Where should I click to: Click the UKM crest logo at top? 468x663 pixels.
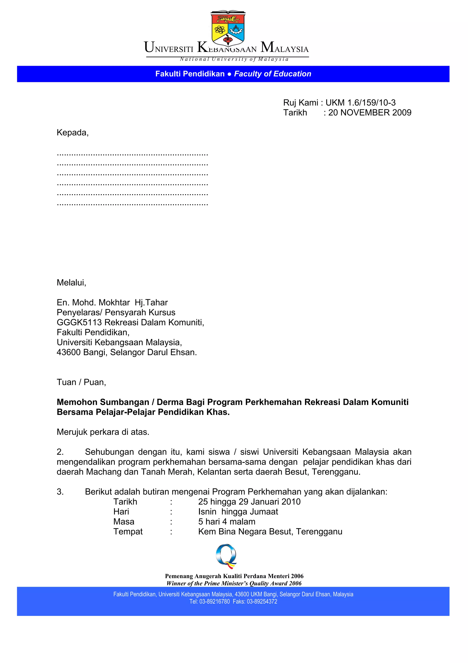tap(228, 28)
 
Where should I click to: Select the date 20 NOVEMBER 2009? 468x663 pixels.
tap(370, 113)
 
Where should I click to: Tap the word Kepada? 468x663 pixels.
tap(73, 132)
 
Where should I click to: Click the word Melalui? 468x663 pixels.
tap(72, 282)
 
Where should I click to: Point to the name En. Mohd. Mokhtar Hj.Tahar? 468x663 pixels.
tap(112, 302)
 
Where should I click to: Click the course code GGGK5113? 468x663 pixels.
tap(79, 322)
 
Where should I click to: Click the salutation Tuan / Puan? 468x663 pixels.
tap(81, 382)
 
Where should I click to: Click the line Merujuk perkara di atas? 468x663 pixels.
tap(103, 432)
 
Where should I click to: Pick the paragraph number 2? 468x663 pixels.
tap(60, 452)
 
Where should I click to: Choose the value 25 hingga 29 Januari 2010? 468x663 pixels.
tap(249, 501)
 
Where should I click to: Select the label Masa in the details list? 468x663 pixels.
tap(124, 522)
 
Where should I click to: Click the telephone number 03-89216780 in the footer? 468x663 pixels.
tap(214, 601)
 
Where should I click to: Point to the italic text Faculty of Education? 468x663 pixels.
tap(272, 74)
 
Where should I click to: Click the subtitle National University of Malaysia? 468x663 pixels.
tap(234, 59)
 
